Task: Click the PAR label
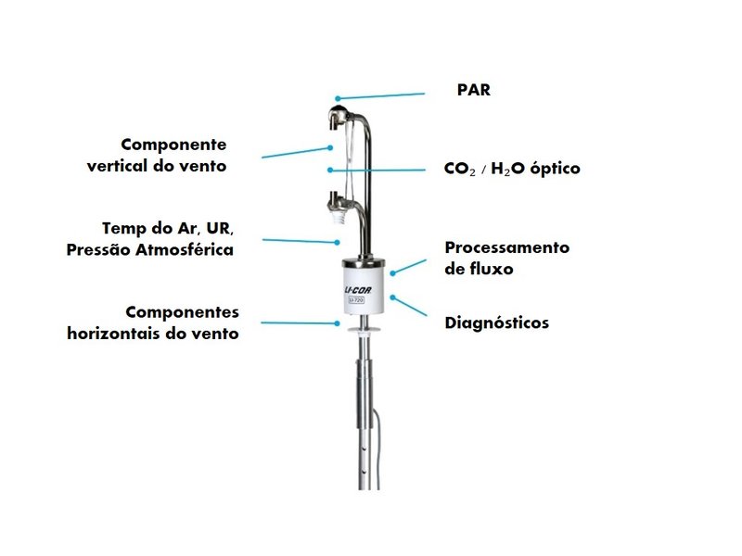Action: [474, 90]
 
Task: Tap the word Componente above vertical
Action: [173, 145]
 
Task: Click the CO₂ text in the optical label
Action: [459, 169]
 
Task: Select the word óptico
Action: [555, 169]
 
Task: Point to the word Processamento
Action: [507, 247]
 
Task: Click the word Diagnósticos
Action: [497, 322]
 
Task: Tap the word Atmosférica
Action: [185, 249]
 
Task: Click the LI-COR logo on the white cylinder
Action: [357, 290]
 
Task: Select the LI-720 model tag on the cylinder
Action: [356, 299]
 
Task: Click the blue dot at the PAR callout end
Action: [338, 99]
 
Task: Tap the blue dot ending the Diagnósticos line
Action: [392, 297]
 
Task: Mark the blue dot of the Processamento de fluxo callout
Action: [392, 273]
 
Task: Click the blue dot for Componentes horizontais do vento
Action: [337, 323]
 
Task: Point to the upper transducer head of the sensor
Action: [339, 117]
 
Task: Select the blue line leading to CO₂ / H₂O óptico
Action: [377, 171]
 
